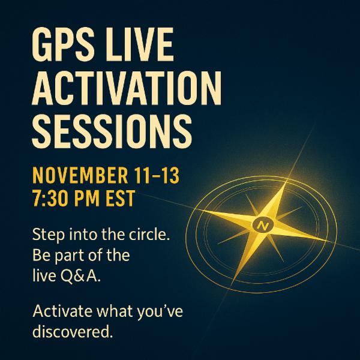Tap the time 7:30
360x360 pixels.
click(57, 196)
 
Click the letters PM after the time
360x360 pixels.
click(104, 196)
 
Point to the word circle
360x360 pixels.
click(149, 235)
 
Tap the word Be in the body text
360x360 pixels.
click(41, 255)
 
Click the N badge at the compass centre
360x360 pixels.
click(262, 226)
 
